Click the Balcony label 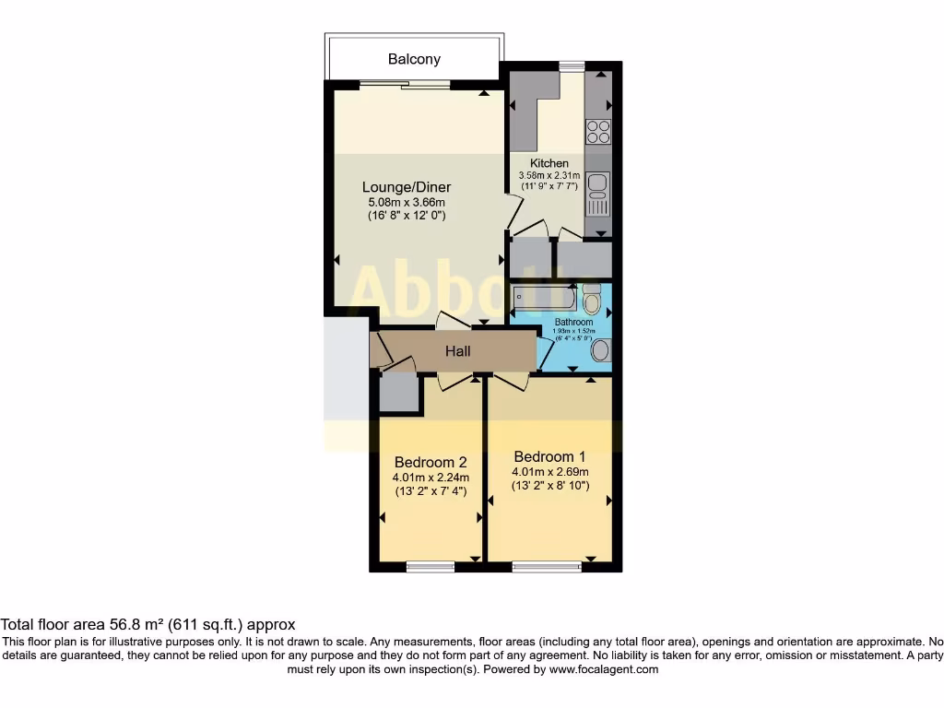click(x=414, y=59)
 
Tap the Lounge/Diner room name click(x=406, y=187)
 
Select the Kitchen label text click(x=549, y=163)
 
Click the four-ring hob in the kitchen click(x=597, y=132)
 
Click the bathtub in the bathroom click(x=545, y=298)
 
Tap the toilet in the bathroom click(x=592, y=297)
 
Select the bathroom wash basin click(x=600, y=349)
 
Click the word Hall click(x=458, y=351)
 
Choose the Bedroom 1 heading click(x=549, y=456)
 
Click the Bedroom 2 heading click(x=431, y=462)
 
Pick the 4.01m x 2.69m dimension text click(x=550, y=471)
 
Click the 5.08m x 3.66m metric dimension click(x=406, y=203)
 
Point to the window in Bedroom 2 click(x=430, y=566)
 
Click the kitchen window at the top click(x=572, y=65)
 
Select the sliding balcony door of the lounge click(x=405, y=85)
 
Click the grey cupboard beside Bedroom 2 click(x=399, y=393)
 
